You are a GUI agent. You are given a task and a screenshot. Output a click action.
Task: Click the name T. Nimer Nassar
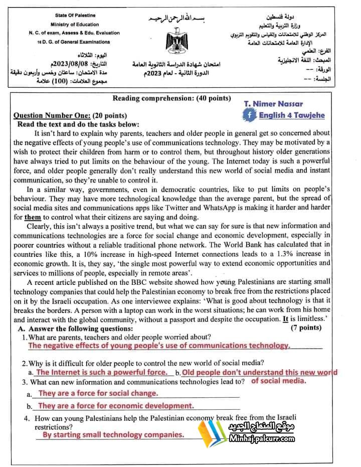[x=273, y=104]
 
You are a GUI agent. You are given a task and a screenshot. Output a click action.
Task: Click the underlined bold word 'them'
[x=33, y=217]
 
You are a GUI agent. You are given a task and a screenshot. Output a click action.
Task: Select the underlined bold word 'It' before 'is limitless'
[x=286, y=319]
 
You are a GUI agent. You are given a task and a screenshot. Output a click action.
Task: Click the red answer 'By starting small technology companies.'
[x=113, y=435]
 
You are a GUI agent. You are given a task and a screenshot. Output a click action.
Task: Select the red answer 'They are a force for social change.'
[x=98, y=393]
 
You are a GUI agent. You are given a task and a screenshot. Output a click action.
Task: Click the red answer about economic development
[x=116, y=406]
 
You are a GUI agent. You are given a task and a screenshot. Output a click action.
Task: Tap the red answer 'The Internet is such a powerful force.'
[x=102, y=372]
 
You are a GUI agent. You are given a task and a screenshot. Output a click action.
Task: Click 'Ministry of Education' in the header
[x=75, y=24]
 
